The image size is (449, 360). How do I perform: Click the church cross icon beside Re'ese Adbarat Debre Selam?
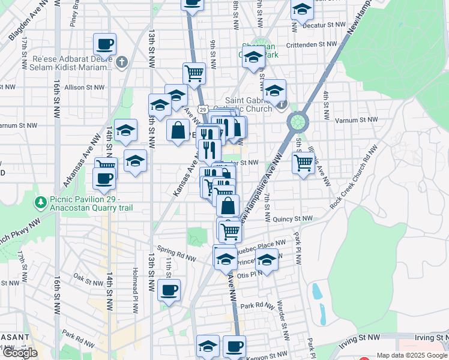pos(122,62)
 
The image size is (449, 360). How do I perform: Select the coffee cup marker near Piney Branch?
pos(104,44)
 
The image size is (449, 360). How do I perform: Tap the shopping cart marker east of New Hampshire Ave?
pos(304,161)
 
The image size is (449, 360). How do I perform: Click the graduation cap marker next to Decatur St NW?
pos(302,10)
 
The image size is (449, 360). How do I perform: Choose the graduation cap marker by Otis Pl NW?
pos(267,260)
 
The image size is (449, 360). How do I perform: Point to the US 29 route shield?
pos(203,109)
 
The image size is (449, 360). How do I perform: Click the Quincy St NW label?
pos(293,219)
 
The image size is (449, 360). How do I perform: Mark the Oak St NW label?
pos(88,280)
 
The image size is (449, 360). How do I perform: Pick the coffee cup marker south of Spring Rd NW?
pos(169,290)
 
